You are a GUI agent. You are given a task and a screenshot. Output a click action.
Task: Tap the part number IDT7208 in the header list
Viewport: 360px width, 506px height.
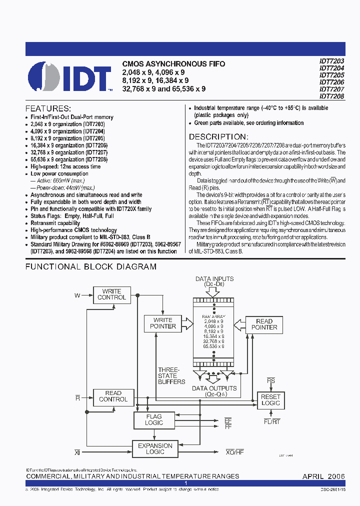332,96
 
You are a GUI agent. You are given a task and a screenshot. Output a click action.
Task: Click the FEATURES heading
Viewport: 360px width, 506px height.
48,108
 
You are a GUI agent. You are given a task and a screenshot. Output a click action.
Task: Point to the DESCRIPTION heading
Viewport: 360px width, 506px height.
218,136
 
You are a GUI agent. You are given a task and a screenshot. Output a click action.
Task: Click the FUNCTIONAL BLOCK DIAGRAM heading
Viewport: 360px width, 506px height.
91,266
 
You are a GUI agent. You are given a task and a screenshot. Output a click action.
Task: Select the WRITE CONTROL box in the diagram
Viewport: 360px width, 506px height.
112,294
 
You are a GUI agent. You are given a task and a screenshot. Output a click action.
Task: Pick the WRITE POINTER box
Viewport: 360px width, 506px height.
163,323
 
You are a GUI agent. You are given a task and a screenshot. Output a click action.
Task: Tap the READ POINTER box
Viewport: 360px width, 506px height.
264,324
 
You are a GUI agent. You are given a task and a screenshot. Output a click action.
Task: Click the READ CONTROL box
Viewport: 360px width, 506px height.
113,396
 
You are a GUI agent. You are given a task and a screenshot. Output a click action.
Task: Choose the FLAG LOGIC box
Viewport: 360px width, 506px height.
154,419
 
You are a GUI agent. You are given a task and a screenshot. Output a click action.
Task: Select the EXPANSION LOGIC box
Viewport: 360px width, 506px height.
155,448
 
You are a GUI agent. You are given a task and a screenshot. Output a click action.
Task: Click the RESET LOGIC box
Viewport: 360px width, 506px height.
270,399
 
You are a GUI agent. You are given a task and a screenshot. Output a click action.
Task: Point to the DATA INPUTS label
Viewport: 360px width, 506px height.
214,279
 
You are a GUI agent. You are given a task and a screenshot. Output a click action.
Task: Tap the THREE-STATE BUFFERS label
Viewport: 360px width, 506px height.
171,375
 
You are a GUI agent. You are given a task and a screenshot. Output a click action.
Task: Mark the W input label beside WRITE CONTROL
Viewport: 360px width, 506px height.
77,295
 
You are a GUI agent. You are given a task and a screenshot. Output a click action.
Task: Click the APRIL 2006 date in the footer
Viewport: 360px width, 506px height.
323,476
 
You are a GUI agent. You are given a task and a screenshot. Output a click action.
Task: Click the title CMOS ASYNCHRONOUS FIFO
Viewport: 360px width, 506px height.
173,64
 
